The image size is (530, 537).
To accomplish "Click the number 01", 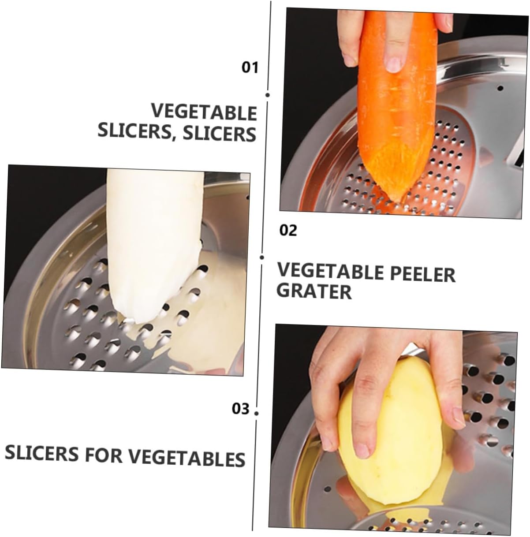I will (x=250, y=67).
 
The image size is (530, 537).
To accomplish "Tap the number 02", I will (x=288, y=230).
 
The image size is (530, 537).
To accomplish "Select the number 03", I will (x=241, y=409).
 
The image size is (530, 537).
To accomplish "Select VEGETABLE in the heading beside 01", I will (x=204, y=112).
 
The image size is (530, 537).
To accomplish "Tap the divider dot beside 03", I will (x=257, y=413).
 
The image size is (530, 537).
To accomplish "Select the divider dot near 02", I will (x=262, y=257).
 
